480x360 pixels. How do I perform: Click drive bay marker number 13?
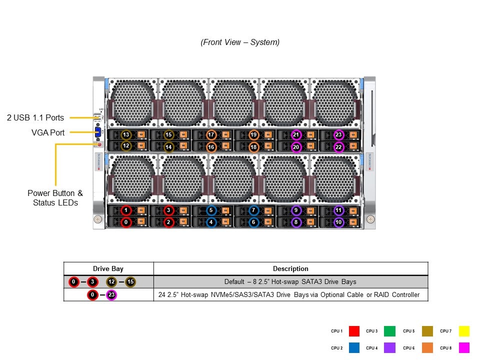point(126,135)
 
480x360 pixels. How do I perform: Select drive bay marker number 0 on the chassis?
point(126,222)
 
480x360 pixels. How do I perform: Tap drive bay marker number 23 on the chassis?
point(338,135)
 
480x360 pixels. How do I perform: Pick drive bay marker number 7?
point(253,211)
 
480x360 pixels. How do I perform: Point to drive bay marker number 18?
point(253,147)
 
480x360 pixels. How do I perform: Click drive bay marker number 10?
point(338,222)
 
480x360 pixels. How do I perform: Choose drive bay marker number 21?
point(296,135)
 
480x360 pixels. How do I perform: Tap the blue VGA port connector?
point(98,133)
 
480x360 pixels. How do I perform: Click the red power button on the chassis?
point(99,144)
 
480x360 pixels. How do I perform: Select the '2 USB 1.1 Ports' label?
point(35,118)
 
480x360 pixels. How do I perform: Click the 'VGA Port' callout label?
point(48,132)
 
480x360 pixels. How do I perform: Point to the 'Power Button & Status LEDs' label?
point(55,198)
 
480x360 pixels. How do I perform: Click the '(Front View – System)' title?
point(240,42)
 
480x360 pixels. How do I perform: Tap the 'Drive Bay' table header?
point(108,268)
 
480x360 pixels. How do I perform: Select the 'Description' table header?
point(290,268)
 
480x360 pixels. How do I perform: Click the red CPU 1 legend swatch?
point(354,331)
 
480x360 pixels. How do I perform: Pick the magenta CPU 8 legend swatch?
point(464,347)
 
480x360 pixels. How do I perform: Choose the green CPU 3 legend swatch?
point(390,331)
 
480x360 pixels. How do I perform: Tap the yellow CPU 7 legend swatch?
point(464,331)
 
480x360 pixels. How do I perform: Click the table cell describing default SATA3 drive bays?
point(290,282)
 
